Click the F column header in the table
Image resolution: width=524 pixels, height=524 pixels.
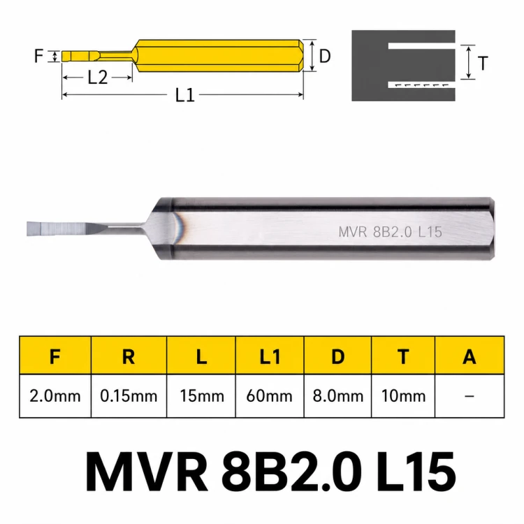point(55,356)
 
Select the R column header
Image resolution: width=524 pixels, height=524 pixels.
point(129,356)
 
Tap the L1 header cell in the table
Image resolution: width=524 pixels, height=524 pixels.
point(270,356)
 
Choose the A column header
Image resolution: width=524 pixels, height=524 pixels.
point(470,356)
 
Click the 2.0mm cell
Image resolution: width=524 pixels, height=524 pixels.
point(55,396)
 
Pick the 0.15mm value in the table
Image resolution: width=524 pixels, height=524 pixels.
point(129,396)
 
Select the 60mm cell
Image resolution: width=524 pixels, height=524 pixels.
point(270,396)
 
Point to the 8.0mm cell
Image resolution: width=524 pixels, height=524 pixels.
point(338,396)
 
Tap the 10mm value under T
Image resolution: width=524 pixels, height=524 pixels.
point(403,396)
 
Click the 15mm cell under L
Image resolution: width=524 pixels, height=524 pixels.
point(201,396)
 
